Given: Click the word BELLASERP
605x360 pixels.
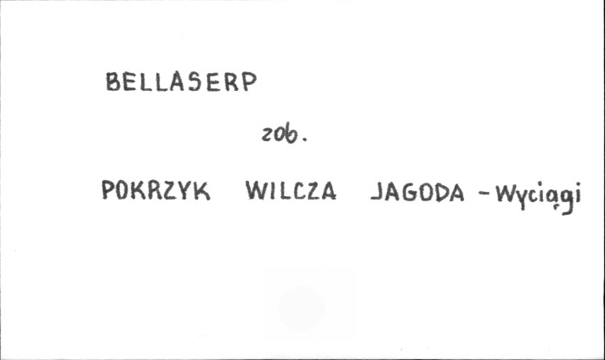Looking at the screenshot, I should [180, 82].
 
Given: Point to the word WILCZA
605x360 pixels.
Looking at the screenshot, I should [291, 193].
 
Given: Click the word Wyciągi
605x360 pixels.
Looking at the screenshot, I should [540, 198].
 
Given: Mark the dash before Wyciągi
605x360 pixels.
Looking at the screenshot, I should [484, 195].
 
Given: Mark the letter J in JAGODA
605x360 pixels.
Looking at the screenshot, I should [376, 194].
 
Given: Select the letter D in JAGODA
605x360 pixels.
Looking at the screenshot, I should [440, 194].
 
